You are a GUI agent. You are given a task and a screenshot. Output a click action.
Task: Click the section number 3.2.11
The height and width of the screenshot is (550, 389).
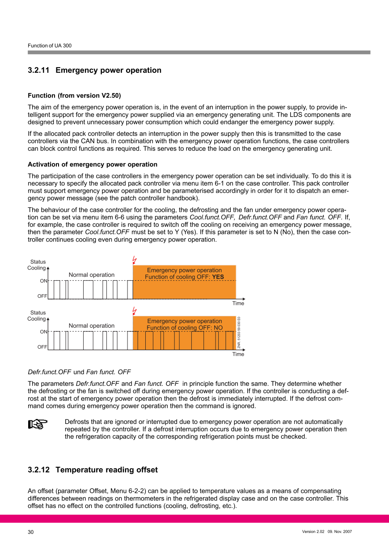click(x=38, y=70)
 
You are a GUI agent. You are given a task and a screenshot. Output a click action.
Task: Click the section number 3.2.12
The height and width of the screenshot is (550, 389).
click(x=38, y=470)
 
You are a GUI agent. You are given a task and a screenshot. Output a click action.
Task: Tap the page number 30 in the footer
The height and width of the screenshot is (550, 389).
click(x=31, y=532)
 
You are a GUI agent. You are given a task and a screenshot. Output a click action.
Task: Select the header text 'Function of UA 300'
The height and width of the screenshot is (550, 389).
click(x=50, y=46)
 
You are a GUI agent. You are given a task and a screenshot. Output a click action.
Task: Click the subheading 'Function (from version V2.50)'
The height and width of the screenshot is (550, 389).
click(x=74, y=96)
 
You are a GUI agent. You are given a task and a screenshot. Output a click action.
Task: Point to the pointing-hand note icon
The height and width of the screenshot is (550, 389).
click(x=38, y=425)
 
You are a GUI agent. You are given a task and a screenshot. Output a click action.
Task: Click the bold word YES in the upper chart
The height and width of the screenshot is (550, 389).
click(x=218, y=277)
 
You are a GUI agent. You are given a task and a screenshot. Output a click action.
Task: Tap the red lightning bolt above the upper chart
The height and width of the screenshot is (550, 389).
click(x=135, y=260)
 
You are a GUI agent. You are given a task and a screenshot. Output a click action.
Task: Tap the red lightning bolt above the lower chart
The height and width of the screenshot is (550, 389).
click(x=135, y=311)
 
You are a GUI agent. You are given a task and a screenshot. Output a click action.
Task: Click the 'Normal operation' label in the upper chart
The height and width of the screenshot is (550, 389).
click(x=92, y=275)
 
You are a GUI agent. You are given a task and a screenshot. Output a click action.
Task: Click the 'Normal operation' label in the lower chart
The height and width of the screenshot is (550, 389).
click(x=92, y=326)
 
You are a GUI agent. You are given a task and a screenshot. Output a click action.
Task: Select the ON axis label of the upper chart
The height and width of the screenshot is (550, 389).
click(x=43, y=281)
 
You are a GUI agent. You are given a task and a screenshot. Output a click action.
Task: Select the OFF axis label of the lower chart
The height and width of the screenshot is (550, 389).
click(x=42, y=347)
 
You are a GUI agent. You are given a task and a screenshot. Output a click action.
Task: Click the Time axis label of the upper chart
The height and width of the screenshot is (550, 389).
click(x=238, y=304)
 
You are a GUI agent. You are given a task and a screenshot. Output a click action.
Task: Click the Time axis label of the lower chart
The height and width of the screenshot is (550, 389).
click(x=238, y=355)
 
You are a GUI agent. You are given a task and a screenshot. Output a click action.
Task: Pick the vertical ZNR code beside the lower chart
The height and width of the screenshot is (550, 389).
click(x=239, y=333)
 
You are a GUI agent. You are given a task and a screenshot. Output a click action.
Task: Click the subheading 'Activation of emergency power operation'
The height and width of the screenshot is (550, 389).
click(x=93, y=165)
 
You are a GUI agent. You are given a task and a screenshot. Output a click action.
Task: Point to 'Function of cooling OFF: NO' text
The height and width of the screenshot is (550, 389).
click(x=185, y=328)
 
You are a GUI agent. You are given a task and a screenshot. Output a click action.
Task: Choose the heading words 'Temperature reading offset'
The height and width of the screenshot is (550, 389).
click(x=106, y=470)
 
